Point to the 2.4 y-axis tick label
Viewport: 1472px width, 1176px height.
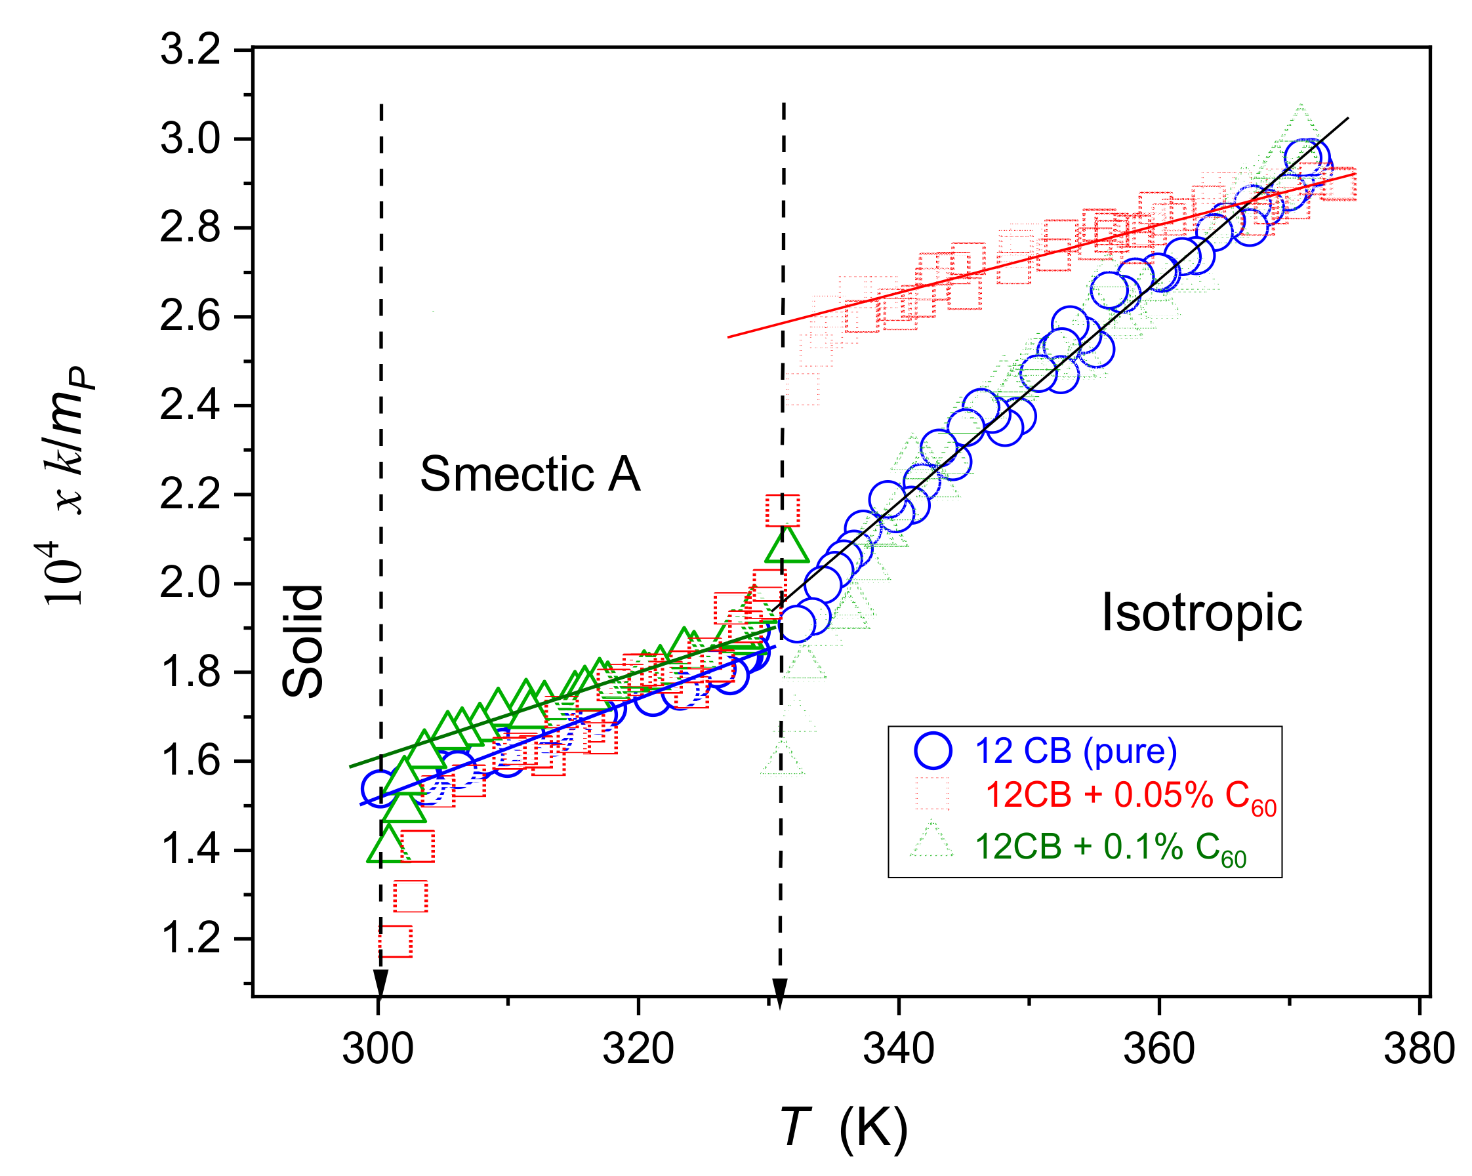click(190, 405)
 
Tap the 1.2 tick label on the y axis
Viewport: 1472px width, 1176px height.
click(190, 939)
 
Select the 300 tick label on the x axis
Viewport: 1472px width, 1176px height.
click(378, 1049)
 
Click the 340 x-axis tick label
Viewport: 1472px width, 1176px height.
click(899, 1049)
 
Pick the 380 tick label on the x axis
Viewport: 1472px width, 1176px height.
click(1420, 1049)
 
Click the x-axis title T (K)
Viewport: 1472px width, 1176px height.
click(844, 1127)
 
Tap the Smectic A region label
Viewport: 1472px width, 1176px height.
click(530, 474)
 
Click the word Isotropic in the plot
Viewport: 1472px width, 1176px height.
click(1202, 612)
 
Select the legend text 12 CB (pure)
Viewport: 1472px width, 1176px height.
click(1076, 751)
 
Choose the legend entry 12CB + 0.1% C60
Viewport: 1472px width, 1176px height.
click(1110, 847)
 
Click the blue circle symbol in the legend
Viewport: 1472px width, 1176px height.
click(933, 751)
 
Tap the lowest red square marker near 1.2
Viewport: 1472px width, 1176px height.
click(396, 941)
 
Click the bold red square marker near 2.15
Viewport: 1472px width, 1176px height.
click(783, 510)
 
